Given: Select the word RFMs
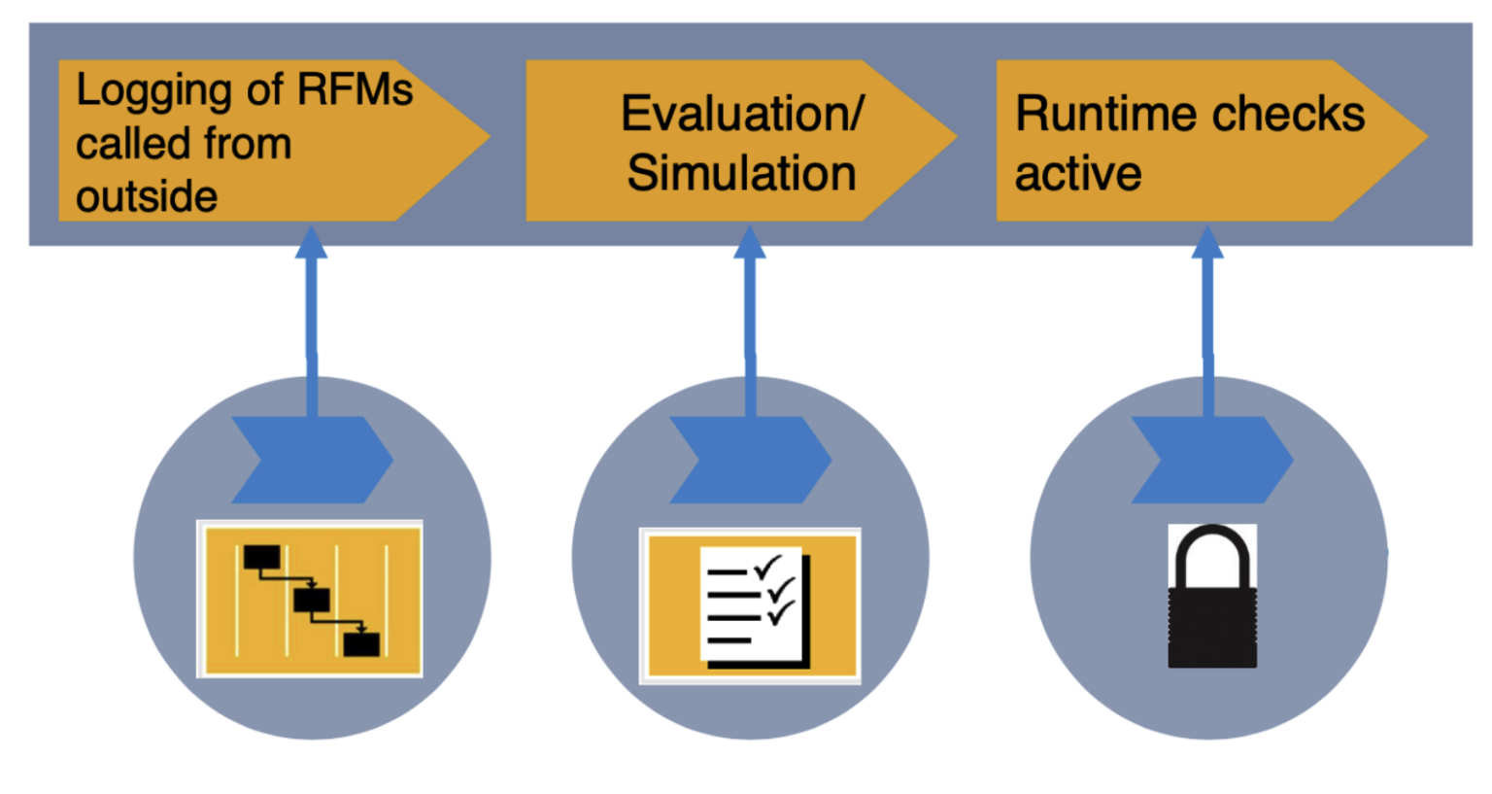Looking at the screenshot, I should tap(355, 89).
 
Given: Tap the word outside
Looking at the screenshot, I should tap(147, 197).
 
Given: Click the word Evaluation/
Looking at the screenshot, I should tap(742, 114).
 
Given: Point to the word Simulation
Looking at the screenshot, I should tap(741, 174).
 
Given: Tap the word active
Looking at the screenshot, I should tap(1078, 174).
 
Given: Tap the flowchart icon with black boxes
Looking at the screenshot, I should tap(310, 599).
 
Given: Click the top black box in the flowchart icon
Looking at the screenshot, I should tap(261, 558).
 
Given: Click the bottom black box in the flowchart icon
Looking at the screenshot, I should tap(361, 643).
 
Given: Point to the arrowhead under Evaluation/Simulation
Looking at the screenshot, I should tap(749, 243).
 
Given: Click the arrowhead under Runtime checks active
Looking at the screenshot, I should tap(1206, 243).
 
